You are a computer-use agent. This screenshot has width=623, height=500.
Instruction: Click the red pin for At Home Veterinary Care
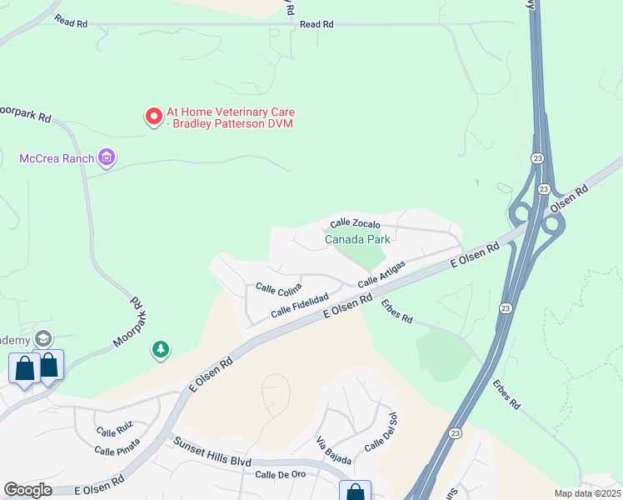click(153, 117)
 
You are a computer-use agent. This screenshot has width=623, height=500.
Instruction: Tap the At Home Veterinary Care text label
click(231, 117)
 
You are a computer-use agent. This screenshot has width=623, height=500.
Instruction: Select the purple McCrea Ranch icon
click(106, 157)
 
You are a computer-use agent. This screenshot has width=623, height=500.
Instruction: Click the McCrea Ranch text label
click(56, 157)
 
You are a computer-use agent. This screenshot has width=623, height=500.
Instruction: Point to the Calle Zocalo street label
click(355, 223)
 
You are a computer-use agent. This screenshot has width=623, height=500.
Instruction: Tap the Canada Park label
click(357, 239)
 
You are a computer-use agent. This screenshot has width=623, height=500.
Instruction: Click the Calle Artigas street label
click(381, 274)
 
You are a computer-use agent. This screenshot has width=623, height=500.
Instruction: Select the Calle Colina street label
click(278, 289)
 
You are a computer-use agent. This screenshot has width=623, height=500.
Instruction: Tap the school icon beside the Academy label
click(43, 339)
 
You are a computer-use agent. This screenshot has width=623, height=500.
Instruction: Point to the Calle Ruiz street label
click(114, 432)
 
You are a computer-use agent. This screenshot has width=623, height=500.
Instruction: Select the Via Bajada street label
click(334, 450)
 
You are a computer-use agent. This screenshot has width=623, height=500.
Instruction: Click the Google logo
click(27, 490)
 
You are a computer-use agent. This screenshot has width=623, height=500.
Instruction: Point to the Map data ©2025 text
click(587, 493)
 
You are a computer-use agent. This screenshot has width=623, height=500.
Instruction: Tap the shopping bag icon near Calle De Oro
click(356, 492)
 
